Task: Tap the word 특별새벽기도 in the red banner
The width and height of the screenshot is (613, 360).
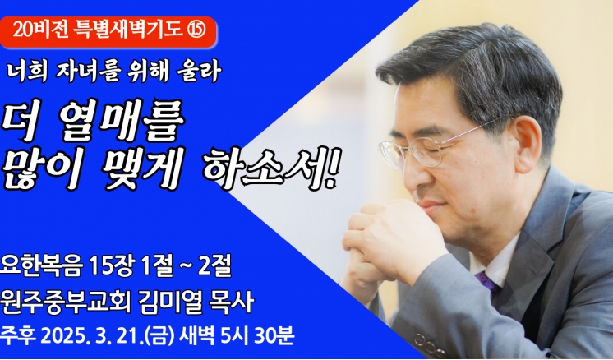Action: [128, 30]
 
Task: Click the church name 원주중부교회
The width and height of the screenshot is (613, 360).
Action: [66, 302]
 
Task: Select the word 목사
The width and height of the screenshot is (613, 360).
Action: [232, 302]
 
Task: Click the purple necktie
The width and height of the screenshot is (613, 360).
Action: [487, 282]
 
